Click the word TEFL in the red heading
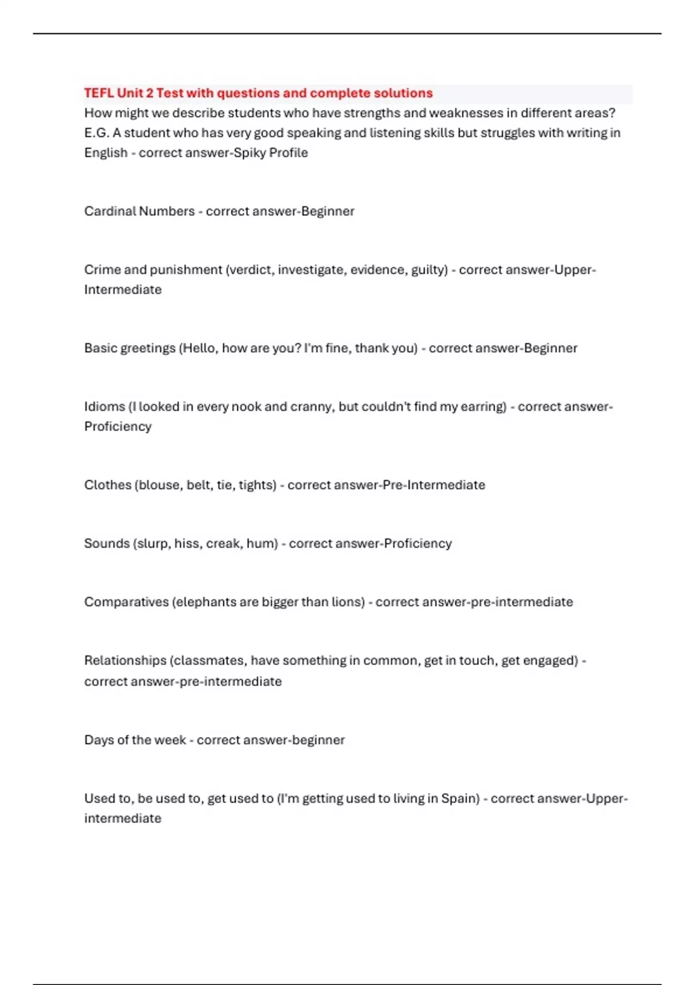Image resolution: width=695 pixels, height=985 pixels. click(x=98, y=93)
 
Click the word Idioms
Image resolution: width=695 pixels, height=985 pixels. click(x=104, y=407)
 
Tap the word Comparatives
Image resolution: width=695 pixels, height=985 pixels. click(x=126, y=602)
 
